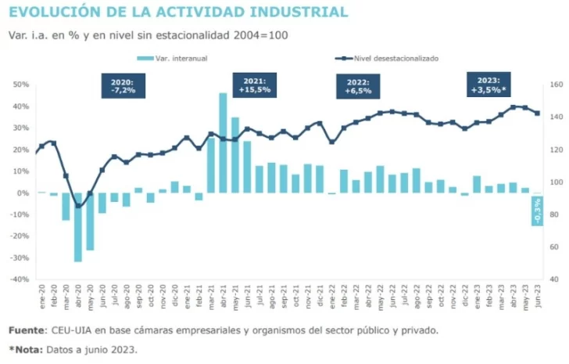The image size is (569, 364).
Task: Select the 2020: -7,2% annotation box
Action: coord(122,86)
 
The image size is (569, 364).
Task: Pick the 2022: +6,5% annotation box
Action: coord(357,86)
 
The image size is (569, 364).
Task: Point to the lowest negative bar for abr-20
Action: coord(78,227)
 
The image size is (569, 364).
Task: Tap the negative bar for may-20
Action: coord(90,222)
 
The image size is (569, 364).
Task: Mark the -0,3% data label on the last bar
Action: coord(537,210)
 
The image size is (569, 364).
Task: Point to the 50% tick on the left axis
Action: coord(21,85)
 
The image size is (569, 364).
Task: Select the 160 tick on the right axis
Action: coord(556,85)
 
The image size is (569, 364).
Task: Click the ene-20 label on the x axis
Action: coord(41,297)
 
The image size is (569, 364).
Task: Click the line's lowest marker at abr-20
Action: coord(78,207)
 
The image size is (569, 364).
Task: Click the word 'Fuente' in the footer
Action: coord(27,330)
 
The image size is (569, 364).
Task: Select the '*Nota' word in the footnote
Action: coord(25,349)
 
